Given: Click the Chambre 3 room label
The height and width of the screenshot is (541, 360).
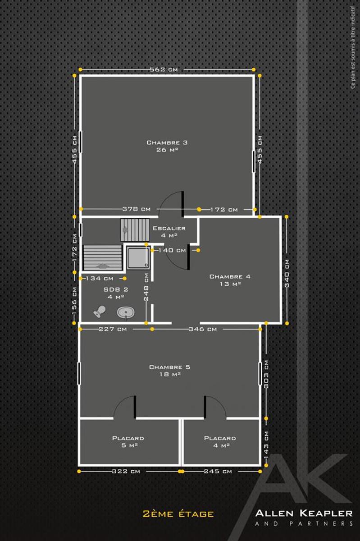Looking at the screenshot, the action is click(167, 146).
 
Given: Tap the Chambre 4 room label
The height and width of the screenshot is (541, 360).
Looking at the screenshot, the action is click(230, 280).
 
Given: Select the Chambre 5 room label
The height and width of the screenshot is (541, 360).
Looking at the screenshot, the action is click(170, 371).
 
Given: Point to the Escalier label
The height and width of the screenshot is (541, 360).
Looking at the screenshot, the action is click(169, 232).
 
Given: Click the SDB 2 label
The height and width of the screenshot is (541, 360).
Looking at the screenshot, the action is click(116, 293).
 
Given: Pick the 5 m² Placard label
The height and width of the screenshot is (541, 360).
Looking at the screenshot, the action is click(128, 441).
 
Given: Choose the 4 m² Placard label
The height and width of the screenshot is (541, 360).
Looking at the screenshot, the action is click(220, 441).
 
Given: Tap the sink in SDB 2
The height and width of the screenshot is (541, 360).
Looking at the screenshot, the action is click(126, 313).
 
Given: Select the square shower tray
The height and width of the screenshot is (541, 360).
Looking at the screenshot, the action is click(138, 258).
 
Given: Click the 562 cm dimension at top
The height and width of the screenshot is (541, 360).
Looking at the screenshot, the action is click(164, 69).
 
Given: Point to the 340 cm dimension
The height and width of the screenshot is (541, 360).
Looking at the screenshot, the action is click(287, 273).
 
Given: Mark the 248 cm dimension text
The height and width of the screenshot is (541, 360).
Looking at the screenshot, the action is click(146, 287).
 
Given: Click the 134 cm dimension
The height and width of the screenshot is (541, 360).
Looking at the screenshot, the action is click(100, 279).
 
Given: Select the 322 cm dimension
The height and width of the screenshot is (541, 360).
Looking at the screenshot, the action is click(126, 471).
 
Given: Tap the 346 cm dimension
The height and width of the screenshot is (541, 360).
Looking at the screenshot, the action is click(203, 329).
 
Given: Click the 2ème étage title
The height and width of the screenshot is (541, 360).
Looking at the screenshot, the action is click(178, 513).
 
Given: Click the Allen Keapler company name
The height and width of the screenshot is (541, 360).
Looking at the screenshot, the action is click(304, 513).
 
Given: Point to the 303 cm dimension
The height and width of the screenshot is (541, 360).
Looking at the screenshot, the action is click(266, 374).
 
